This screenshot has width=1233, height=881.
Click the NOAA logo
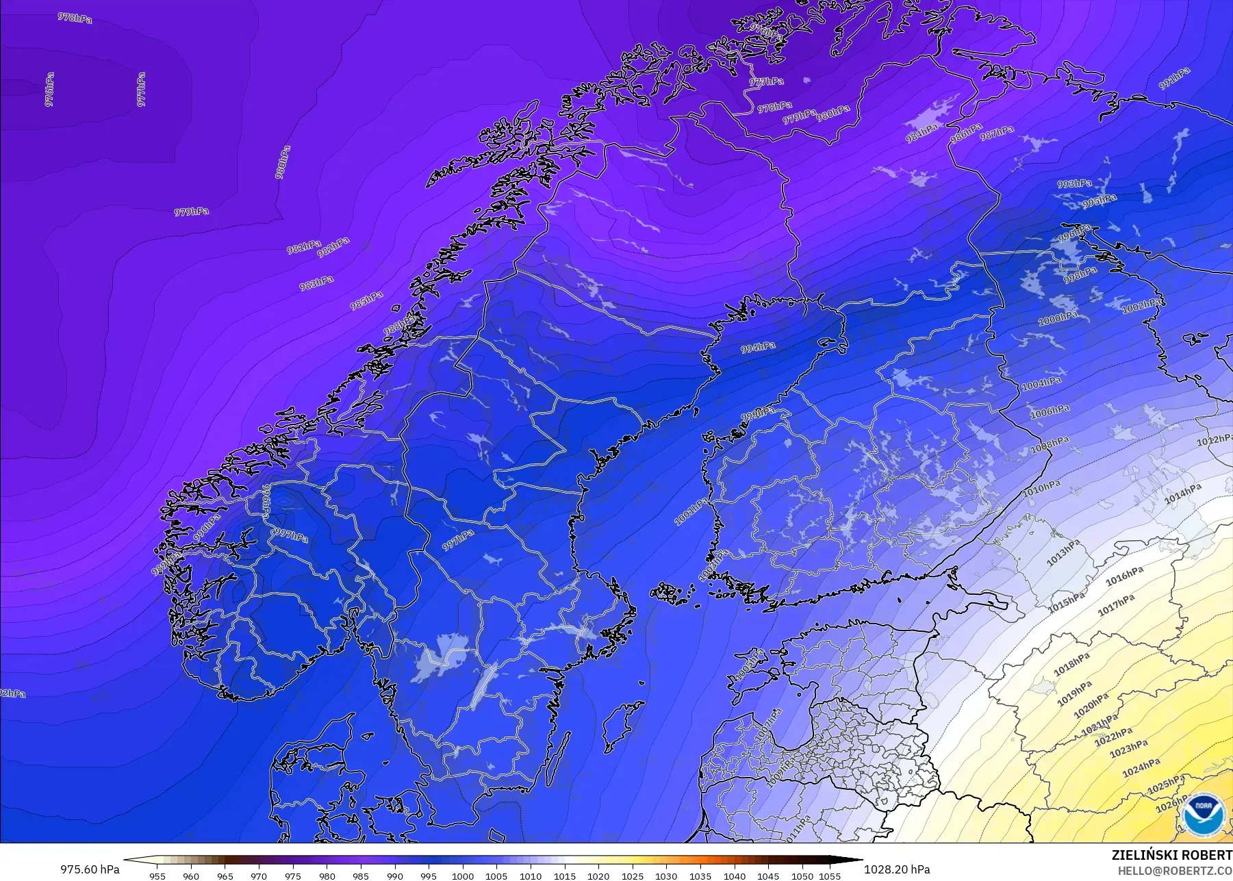coord(1203,814)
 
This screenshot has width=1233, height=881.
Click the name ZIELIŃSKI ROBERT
coord(1171,855)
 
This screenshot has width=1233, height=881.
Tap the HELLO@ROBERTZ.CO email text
coord(1175,871)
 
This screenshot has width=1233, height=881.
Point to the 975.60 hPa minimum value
coord(90,869)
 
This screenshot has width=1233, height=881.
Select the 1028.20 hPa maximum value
coord(897,869)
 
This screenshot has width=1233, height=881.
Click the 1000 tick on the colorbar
coord(463,876)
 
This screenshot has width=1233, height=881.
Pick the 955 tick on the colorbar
coord(157,876)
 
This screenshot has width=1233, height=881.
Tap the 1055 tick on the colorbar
coord(830,876)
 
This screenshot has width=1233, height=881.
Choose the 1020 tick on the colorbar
coord(598,876)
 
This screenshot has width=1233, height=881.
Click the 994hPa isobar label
coord(758,348)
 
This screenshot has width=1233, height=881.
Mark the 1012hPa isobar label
coord(1214,440)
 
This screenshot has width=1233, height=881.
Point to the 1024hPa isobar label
coord(1141,767)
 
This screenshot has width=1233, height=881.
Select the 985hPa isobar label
coord(366,300)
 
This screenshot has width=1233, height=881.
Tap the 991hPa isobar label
coord(1174,79)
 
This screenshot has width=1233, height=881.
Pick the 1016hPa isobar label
coord(1124,576)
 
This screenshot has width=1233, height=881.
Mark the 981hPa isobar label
coord(303,246)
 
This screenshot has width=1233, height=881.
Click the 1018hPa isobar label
coord(1071,664)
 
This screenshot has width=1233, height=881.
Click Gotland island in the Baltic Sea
coord(622,728)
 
